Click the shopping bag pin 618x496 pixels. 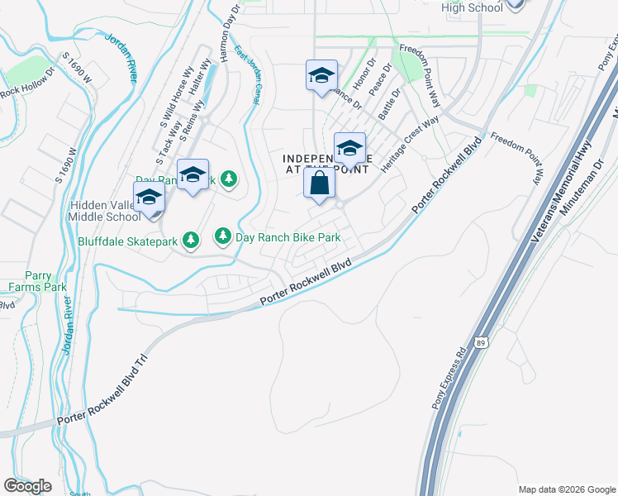(x=320, y=185)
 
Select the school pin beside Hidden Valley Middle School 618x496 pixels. (x=150, y=199)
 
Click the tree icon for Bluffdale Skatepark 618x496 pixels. (x=191, y=241)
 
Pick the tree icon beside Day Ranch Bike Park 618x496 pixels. (x=223, y=237)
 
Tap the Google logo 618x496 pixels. (x=28, y=485)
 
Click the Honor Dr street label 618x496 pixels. (x=364, y=75)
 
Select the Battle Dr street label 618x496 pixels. (x=388, y=105)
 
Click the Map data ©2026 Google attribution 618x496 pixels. (x=565, y=489)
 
